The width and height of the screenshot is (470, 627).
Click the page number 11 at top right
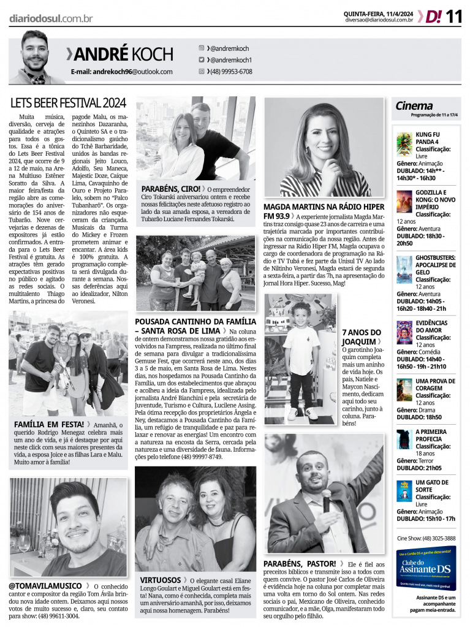tap(453, 16)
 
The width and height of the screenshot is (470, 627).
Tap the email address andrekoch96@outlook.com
tap(121, 72)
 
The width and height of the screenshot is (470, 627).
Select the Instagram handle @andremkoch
tap(228, 48)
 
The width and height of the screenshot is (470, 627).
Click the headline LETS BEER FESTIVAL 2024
tap(68, 102)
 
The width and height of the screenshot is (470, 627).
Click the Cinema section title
tap(414, 105)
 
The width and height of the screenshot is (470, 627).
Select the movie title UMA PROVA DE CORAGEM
tap(435, 384)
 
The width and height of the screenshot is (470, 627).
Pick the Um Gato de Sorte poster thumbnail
tap(404, 490)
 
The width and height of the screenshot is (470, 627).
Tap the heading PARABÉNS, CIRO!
tap(171, 189)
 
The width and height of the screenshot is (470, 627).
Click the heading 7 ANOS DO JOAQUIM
tap(361, 336)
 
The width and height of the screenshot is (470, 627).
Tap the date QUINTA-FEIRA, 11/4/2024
tap(378, 13)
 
